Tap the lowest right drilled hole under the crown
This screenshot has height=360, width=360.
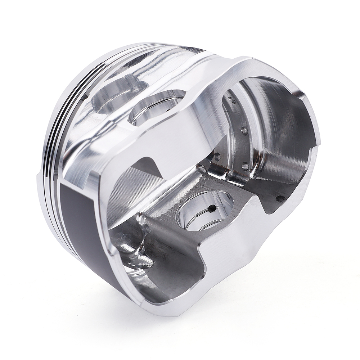(245, 166)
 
